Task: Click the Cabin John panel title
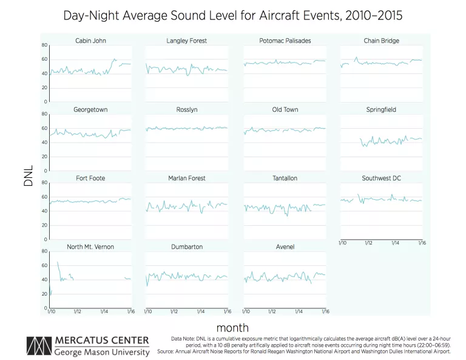[90, 41]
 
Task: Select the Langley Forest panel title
[187, 41]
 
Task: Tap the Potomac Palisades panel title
[285, 41]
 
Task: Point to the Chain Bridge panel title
[382, 41]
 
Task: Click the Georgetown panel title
[90, 110]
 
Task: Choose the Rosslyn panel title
[187, 110]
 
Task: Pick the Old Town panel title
[285, 110]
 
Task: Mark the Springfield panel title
[382, 110]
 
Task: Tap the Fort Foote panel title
[90, 178]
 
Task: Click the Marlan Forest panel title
[187, 178]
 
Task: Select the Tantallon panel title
[285, 178]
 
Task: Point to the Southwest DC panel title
[382, 178]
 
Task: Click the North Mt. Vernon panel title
[90, 247]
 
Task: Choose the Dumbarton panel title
[187, 247]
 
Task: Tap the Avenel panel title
[285, 247]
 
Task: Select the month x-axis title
[232, 327]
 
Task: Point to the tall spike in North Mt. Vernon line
[58, 262]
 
